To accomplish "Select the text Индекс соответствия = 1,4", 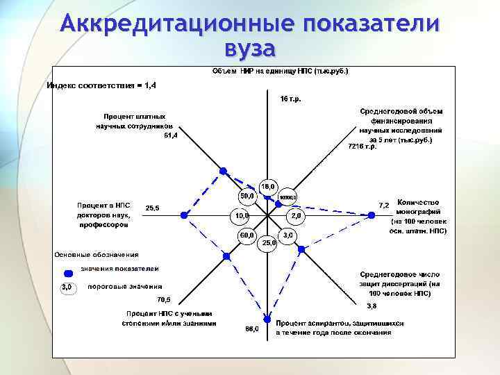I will coord(101,85).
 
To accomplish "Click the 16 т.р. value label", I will coord(290,99).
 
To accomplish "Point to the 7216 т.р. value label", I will coord(362,147).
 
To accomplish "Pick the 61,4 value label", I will coord(171,135).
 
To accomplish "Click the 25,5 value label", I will coord(153,208).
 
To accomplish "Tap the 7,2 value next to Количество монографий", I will coord(383,205).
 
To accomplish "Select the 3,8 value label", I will coord(372,306).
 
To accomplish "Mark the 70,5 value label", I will coord(165,300).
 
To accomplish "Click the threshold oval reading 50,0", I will coord(247,196).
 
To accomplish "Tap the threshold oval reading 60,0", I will coord(247,236).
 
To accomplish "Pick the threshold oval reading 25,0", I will coord(269,243).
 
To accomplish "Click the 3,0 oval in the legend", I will coord(67,287).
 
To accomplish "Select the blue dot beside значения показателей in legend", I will coord(68,273).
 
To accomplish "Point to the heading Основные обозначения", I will coord(97,254).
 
